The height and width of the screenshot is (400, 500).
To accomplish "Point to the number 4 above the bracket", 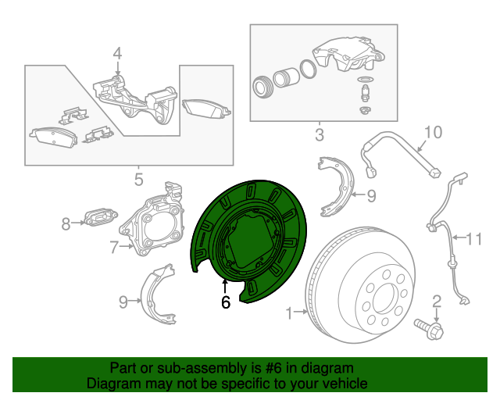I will (117, 53).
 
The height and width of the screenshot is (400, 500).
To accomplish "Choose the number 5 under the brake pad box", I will (138, 180).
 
